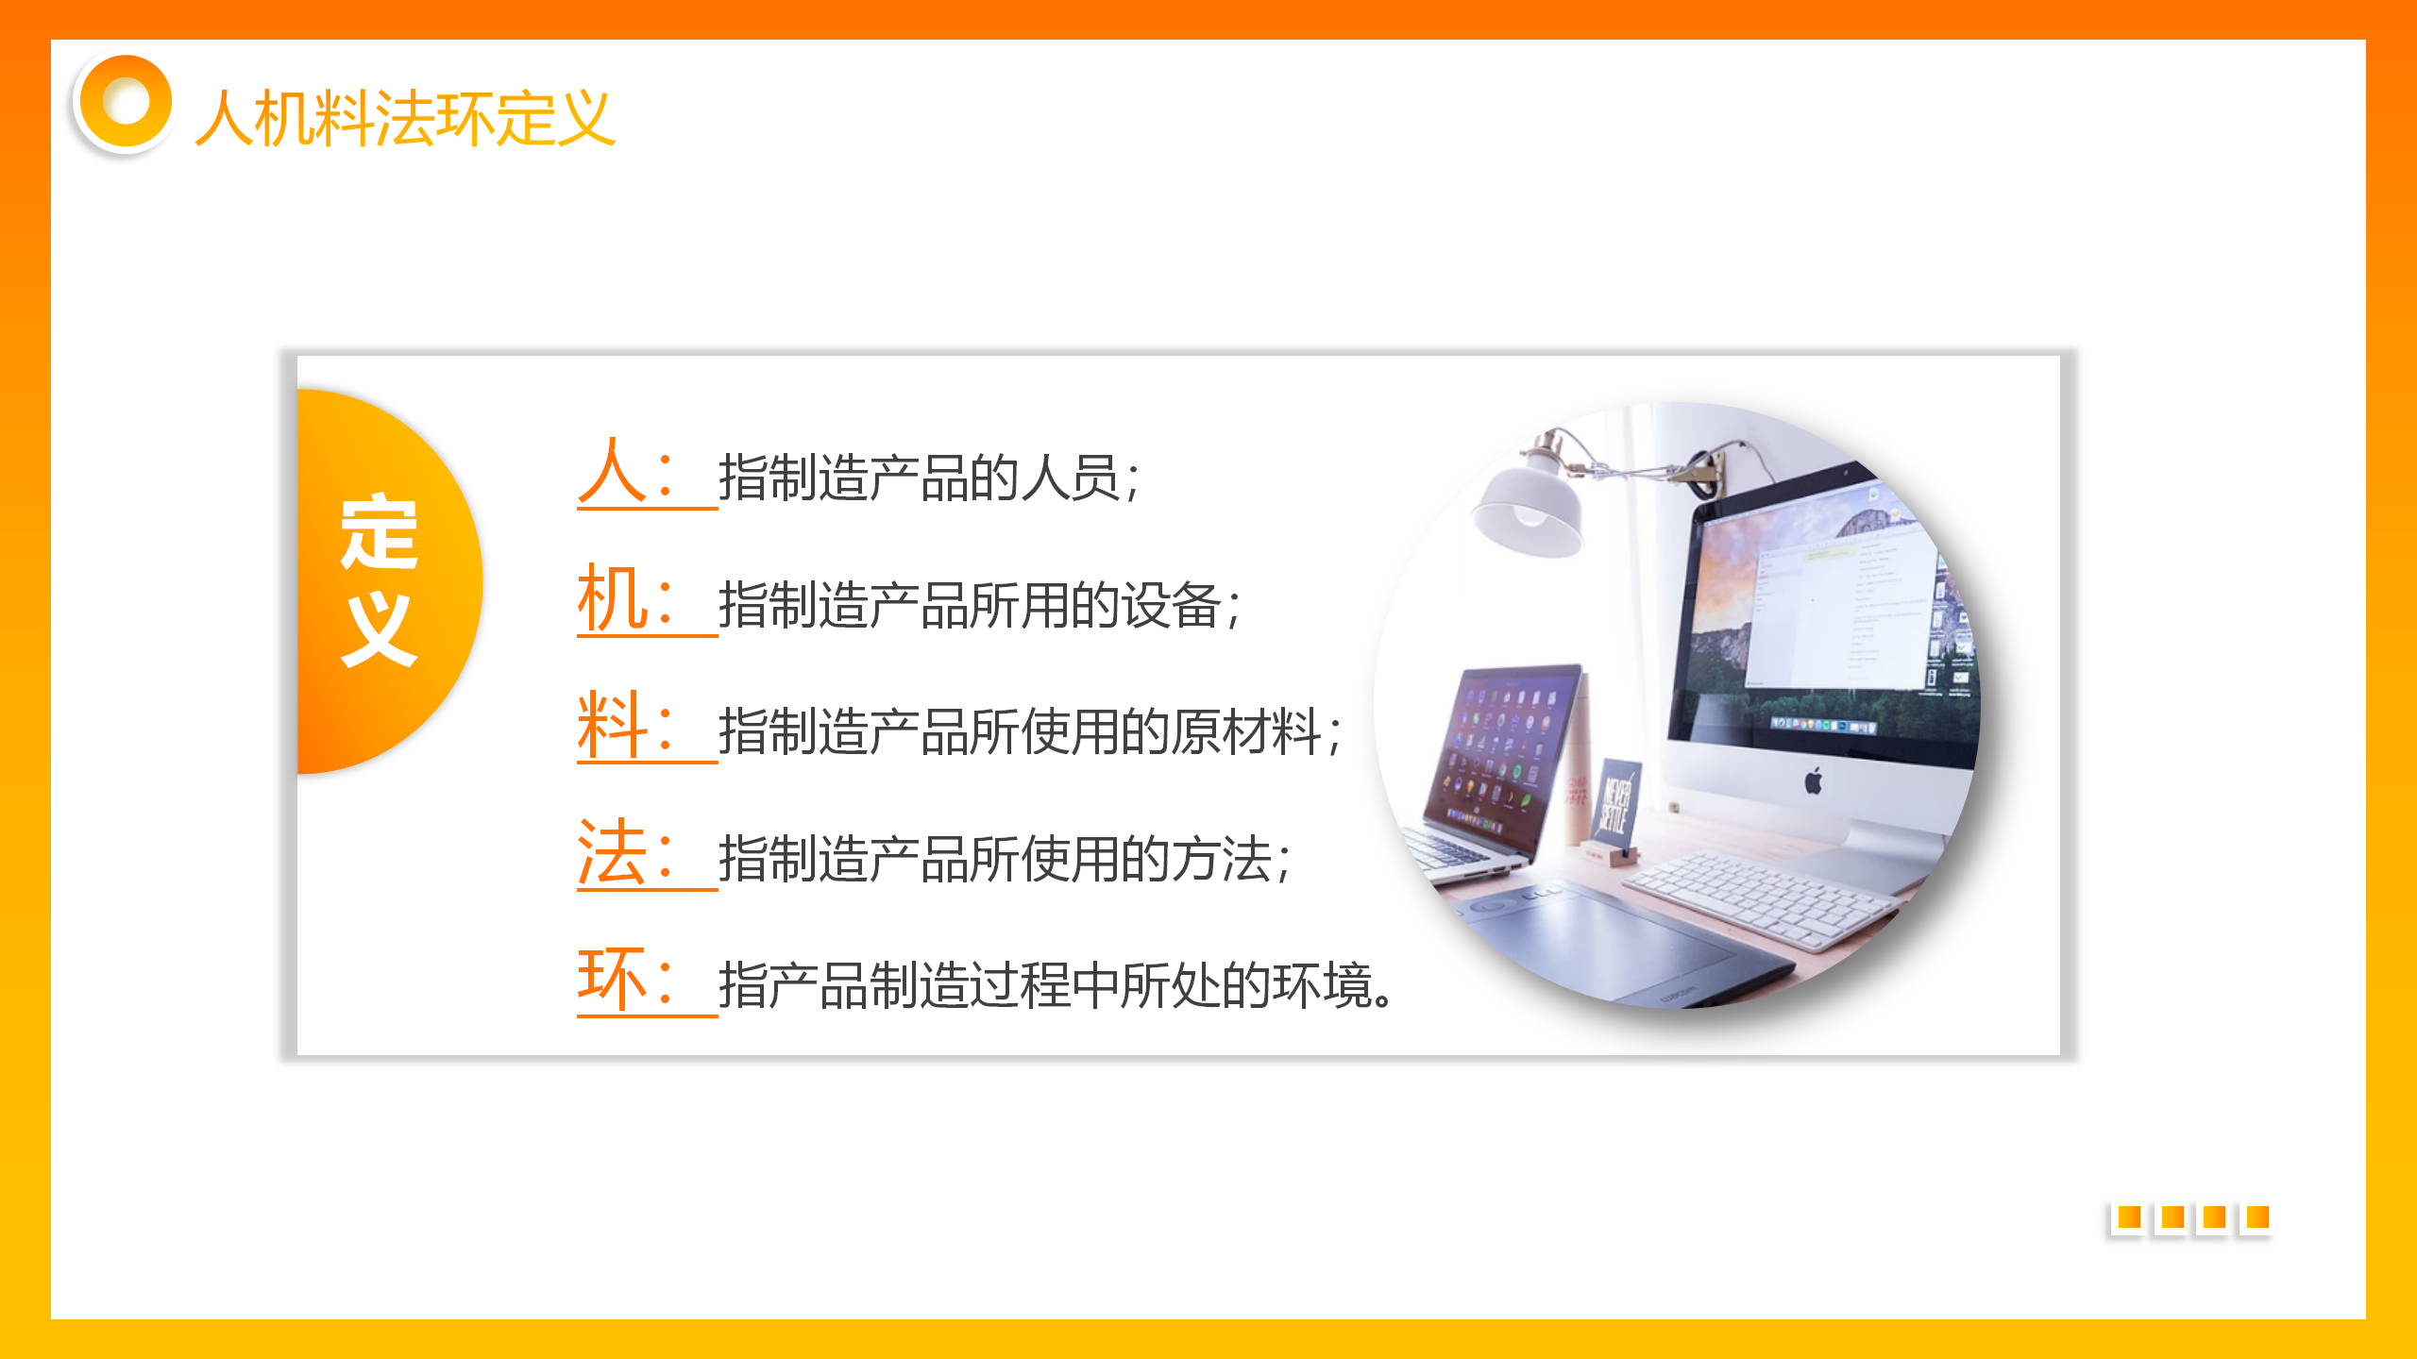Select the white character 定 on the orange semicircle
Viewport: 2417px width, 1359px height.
tap(379, 531)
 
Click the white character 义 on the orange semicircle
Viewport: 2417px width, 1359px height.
tap(379, 629)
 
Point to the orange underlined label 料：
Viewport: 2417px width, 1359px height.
tap(628, 726)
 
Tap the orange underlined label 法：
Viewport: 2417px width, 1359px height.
tap(628, 853)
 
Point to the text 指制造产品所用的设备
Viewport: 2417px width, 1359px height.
tap(970, 605)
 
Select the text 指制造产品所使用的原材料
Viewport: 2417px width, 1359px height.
tap(1020, 731)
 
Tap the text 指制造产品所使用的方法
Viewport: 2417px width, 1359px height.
tap(995, 859)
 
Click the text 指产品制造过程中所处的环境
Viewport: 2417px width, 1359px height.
tap(1045, 985)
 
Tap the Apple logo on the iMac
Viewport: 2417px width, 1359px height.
tap(1813, 781)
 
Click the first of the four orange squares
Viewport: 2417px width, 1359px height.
tap(2128, 1217)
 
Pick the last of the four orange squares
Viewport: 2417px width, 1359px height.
tap(2256, 1217)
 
